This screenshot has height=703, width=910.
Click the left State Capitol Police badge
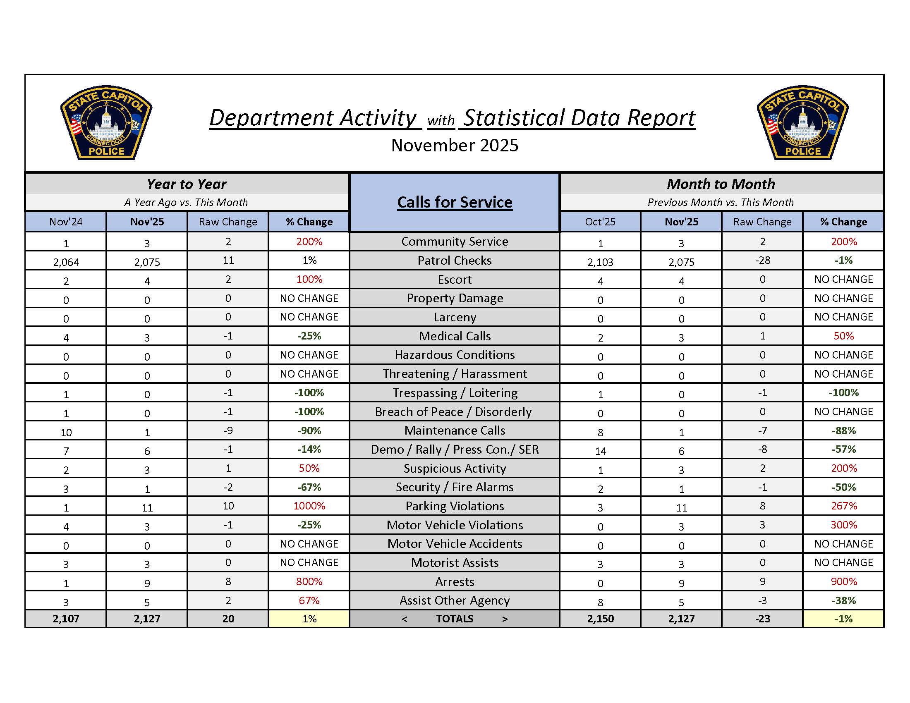(106, 123)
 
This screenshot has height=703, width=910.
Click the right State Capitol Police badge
(802, 123)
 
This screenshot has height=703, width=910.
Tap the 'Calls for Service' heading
(455, 202)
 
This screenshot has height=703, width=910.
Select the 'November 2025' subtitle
(455, 145)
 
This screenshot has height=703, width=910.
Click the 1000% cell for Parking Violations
(309, 506)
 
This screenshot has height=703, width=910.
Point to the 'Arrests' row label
(455, 582)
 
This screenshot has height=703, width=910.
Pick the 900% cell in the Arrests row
(844, 582)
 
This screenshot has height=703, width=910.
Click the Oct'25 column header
(600, 222)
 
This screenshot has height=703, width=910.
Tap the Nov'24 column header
(66, 222)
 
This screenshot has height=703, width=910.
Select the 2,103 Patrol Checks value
(600, 262)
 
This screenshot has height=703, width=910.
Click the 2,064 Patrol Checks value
(66, 262)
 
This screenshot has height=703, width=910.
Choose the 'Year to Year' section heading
(187, 184)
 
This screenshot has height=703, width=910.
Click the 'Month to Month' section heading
(721, 184)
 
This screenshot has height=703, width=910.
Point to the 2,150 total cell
(600, 619)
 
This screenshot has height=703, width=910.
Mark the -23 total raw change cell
(762, 619)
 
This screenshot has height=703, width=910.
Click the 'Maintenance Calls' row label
(455, 430)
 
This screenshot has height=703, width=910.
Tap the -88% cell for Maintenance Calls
(844, 430)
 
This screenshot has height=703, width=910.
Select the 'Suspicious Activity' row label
(455, 469)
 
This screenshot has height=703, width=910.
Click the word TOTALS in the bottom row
(455, 619)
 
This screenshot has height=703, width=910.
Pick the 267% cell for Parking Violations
(844, 506)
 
